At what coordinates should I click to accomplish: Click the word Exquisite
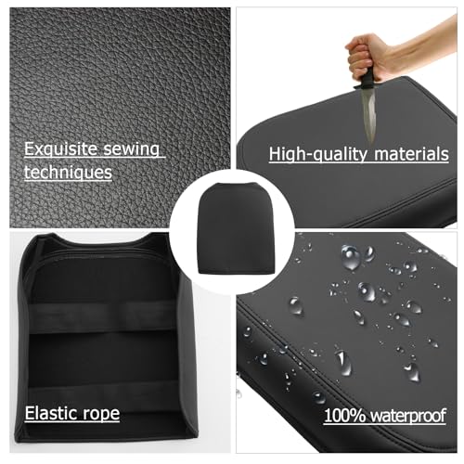coord(60,149)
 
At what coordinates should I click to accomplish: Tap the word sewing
coord(131,149)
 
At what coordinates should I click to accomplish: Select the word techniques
coord(68,173)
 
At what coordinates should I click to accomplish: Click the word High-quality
coord(318,154)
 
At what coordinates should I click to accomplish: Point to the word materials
coord(411,154)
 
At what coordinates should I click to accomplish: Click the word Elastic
coord(49,413)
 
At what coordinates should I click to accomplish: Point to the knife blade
coord(369,114)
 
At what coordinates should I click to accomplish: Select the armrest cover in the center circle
coord(232,228)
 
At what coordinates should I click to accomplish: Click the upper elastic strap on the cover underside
coord(102,317)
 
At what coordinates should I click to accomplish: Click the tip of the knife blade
coord(370,143)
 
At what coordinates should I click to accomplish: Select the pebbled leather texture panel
coord(120,118)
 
